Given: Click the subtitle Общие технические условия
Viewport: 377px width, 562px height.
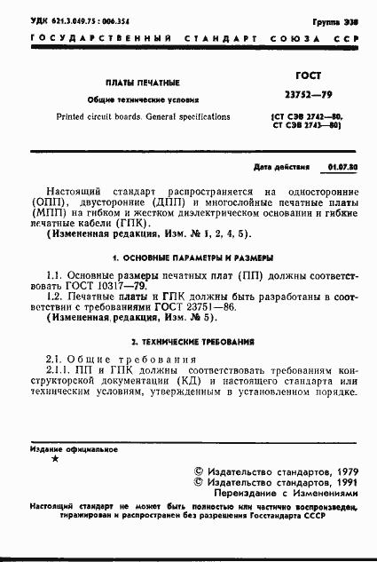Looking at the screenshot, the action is [141, 100].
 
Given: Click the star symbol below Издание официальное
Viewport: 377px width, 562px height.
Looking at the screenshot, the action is [56, 459].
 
